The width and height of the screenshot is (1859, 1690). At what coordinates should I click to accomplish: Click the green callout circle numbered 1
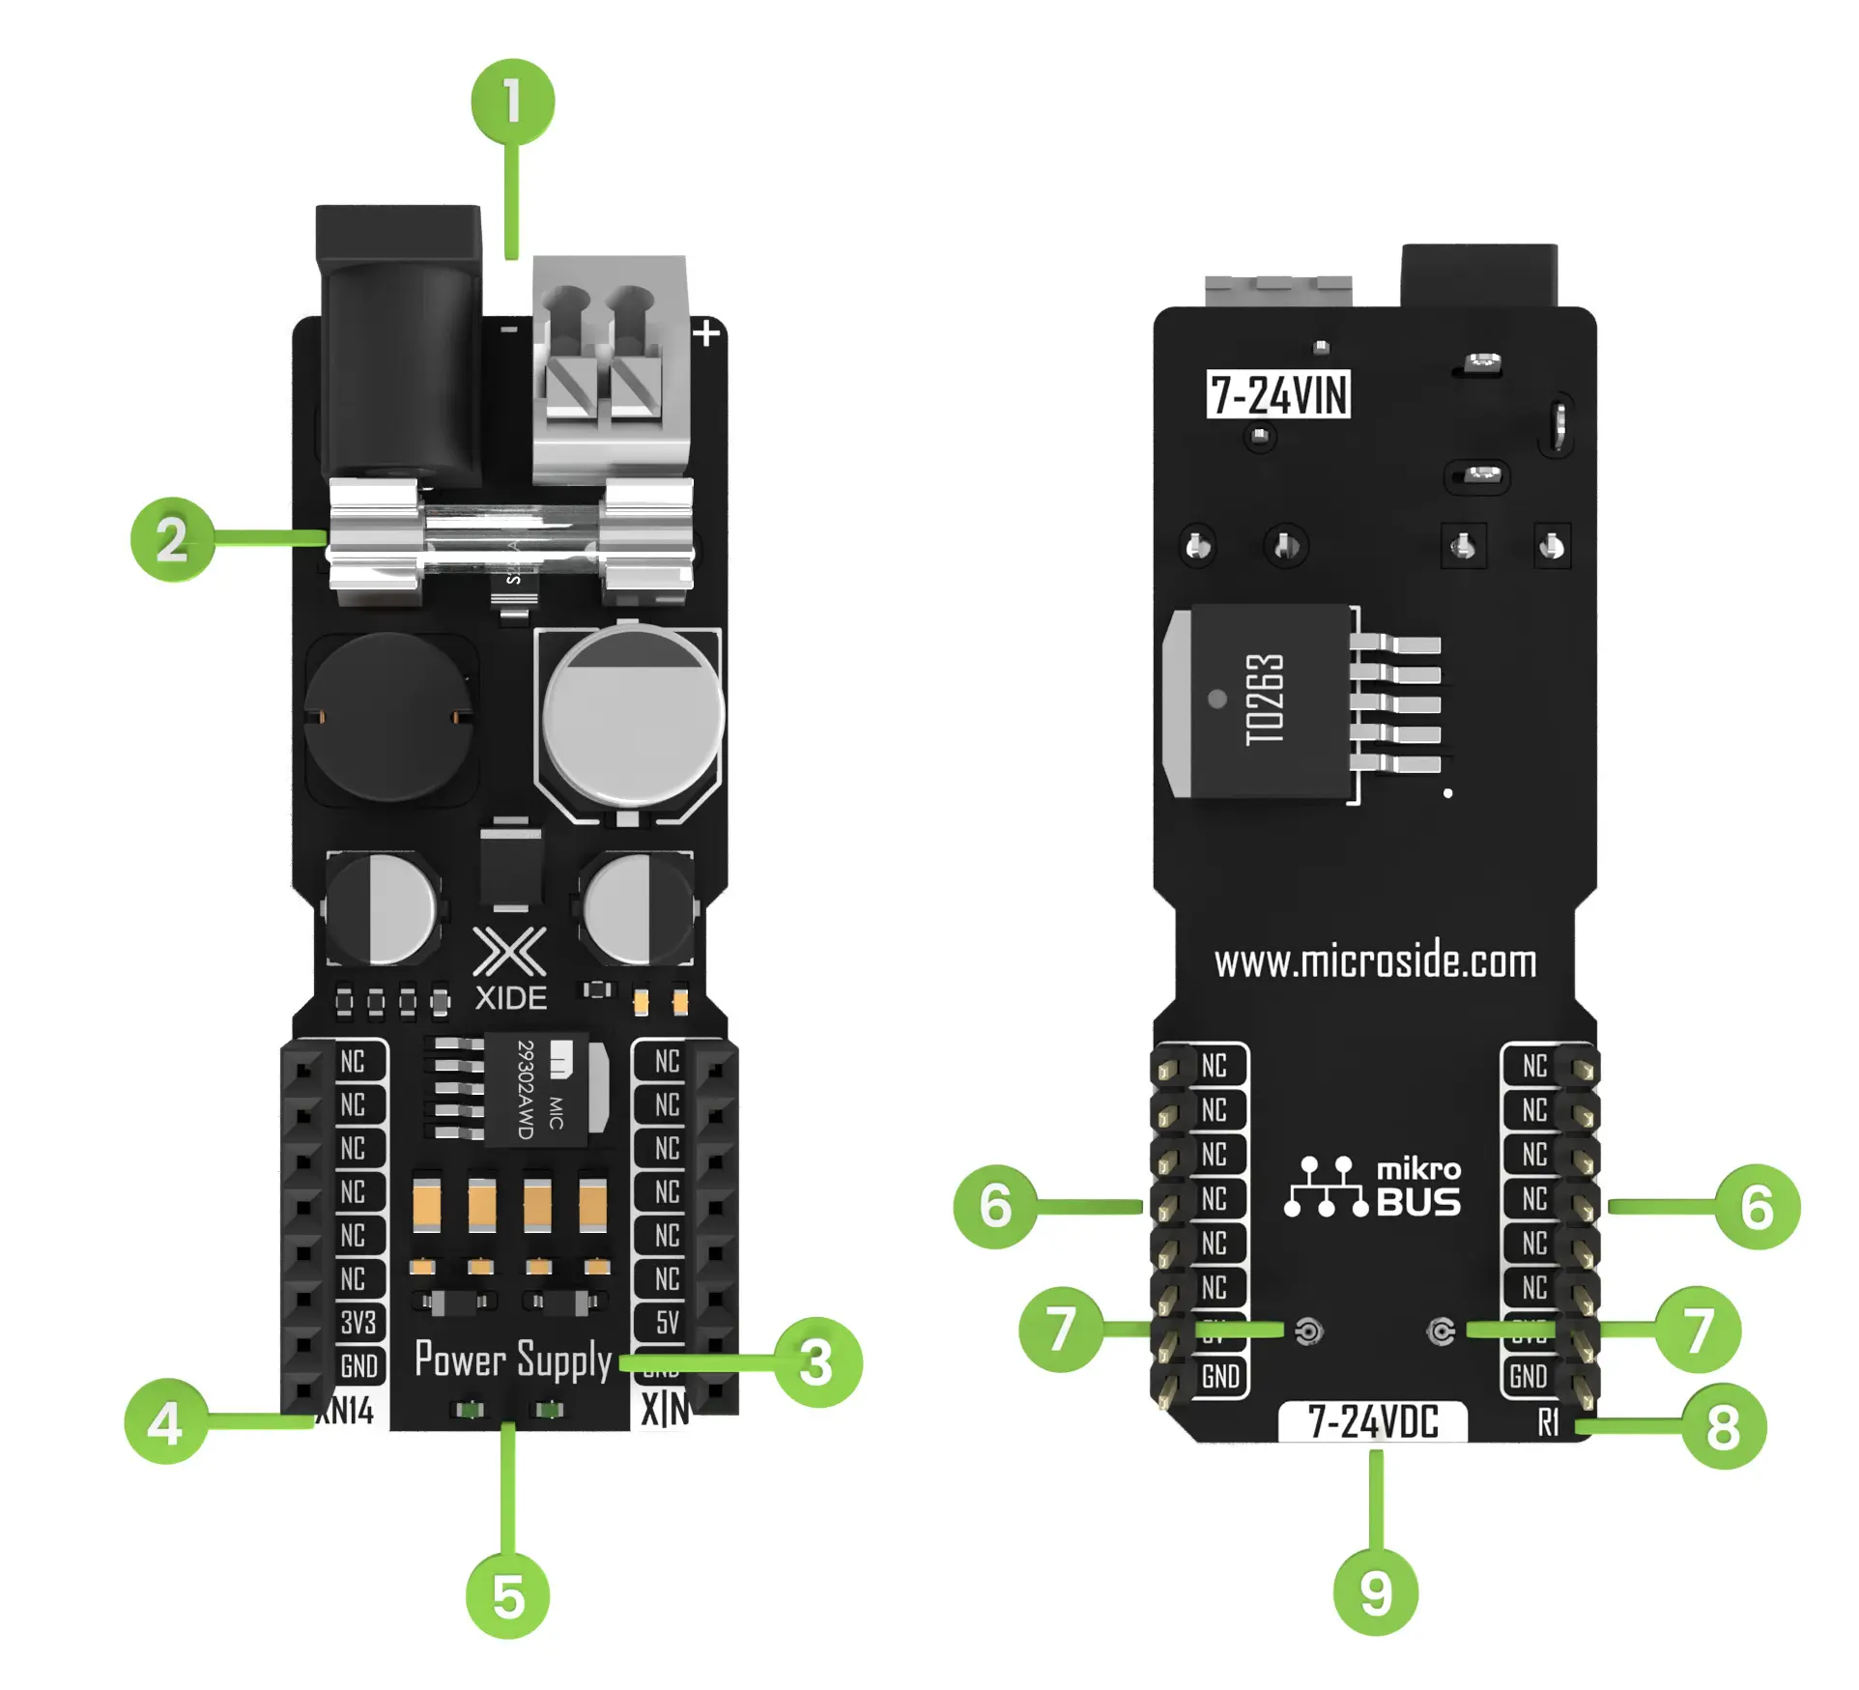[x=512, y=101]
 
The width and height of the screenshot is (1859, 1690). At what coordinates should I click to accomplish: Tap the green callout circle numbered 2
[x=172, y=539]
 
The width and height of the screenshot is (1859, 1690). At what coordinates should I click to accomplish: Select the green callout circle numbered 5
[x=508, y=1596]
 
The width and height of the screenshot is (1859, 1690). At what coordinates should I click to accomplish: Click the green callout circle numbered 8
[x=1723, y=1427]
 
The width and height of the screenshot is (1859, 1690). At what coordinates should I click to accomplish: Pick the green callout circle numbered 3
[x=817, y=1362]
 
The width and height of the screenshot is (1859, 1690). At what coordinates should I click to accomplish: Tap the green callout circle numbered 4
[x=166, y=1421]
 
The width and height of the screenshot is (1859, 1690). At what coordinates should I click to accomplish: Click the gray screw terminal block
[x=611, y=367]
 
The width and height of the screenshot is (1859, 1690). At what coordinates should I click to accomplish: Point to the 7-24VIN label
[x=1278, y=394]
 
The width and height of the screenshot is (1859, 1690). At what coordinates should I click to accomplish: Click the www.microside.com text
[x=1375, y=961]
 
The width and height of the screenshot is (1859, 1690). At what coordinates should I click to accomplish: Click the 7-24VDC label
[x=1373, y=1421]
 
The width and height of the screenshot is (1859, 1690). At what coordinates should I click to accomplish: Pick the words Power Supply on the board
[x=513, y=1360]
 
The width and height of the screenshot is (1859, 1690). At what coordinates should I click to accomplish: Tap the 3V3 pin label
[x=357, y=1322]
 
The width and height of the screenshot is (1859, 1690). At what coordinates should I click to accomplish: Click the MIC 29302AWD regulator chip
[x=536, y=1089]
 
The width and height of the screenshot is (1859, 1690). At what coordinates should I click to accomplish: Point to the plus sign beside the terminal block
[x=707, y=333]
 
